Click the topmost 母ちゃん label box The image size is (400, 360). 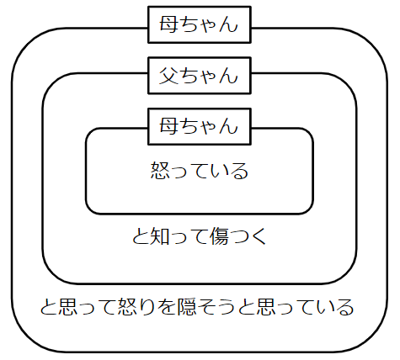pyautogui.click(x=199, y=25)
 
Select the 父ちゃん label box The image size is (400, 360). pyautogui.click(x=199, y=76)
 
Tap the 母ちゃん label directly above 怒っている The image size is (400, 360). pyautogui.click(x=199, y=126)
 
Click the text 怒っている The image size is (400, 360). pyautogui.click(x=199, y=172)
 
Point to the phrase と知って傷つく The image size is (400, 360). pyautogui.click(x=200, y=236)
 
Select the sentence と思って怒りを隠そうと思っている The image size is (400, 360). pyautogui.click(x=199, y=305)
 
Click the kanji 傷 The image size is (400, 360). pyautogui.click(x=220, y=236)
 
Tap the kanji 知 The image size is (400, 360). pyautogui.click(x=160, y=236)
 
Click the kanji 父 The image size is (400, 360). pyautogui.click(x=168, y=76)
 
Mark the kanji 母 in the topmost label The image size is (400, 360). pyautogui.click(x=168, y=25)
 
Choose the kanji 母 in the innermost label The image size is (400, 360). pyautogui.click(x=168, y=126)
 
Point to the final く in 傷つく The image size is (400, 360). pyautogui.click(x=259, y=236)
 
